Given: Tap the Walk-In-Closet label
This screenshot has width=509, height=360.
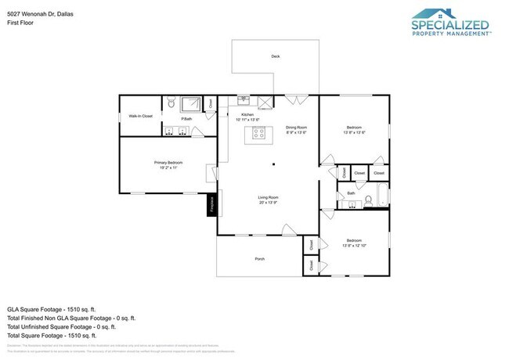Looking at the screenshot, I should click(141, 116).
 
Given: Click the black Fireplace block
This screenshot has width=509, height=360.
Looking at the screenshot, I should click(211, 205).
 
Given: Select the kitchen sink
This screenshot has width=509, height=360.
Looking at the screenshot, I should click(244, 100).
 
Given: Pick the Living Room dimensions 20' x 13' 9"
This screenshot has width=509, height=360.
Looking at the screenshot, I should click(269, 202).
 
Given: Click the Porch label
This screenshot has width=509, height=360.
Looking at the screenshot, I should click(259, 258).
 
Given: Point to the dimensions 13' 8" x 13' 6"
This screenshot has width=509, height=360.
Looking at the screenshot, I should click(355, 131).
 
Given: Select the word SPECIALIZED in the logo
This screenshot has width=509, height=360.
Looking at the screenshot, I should click(451, 26).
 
